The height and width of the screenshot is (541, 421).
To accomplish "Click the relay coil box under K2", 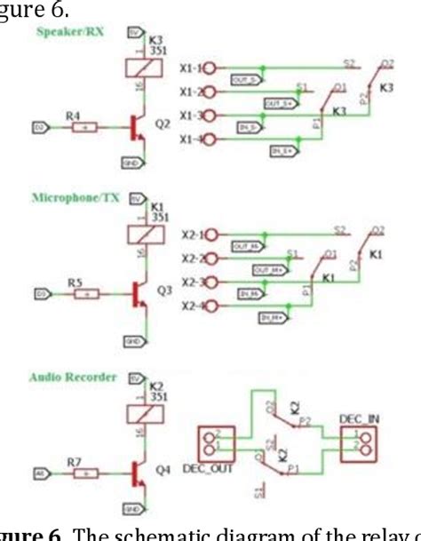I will [142, 416].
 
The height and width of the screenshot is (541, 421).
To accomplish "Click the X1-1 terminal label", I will [188, 67].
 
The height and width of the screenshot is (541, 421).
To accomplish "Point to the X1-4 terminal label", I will [188, 139].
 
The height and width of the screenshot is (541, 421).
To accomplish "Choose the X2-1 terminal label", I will [188, 235].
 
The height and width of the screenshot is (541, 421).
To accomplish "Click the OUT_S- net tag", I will [245, 79].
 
